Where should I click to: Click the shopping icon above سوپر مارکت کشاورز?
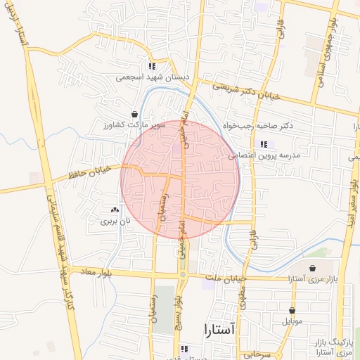click(134, 114)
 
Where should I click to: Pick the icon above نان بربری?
click(115, 210)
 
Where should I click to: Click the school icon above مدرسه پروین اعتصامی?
click(263, 144)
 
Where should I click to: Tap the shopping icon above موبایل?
click(292, 310)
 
